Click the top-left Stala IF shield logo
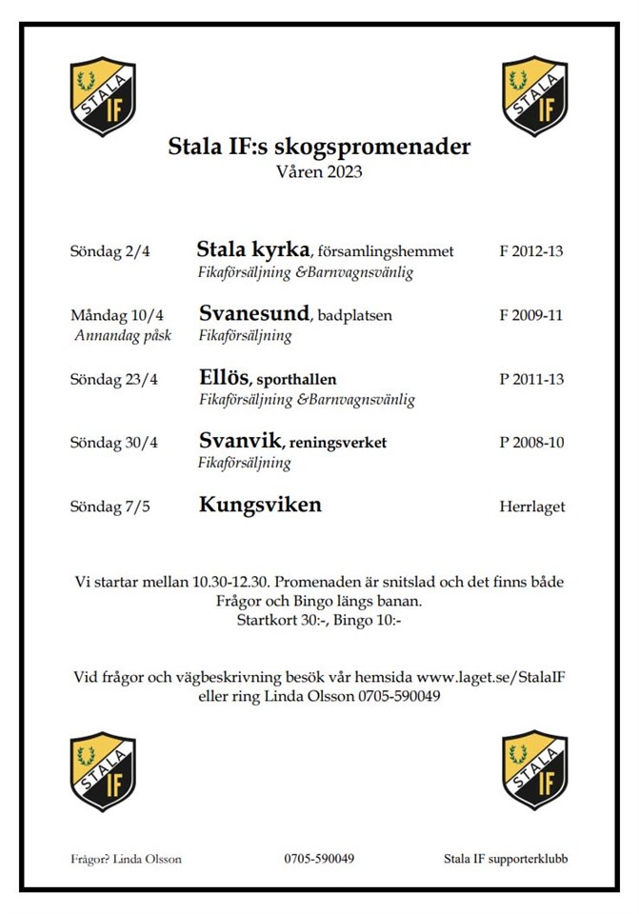click(x=103, y=96)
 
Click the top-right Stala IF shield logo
click(x=535, y=96)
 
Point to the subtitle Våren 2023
click(x=319, y=173)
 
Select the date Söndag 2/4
click(x=110, y=252)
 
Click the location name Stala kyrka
click(x=253, y=250)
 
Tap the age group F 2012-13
click(x=531, y=252)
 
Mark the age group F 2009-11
click(x=531, y=315)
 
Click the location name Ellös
click(x=224, y=377)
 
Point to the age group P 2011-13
click(x=531, y=379)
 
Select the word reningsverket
click(x=339, y=443)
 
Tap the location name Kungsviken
click(x=260, y=505)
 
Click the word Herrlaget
click(x=531, y=507)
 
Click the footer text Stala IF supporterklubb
click(x=506, y=859)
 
